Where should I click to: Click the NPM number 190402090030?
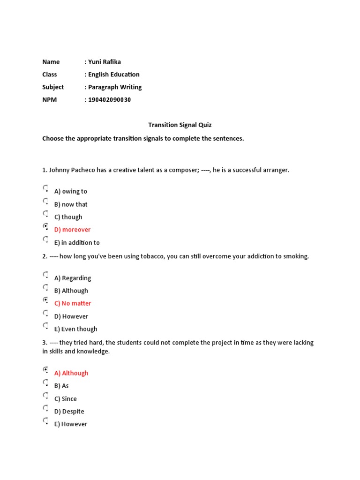tap(110, 100)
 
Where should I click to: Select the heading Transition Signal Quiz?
tap(180, 125)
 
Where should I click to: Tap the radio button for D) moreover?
tap(45, 226)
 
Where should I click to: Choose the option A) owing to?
tap(71, 191)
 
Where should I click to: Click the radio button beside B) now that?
tap(45, 201)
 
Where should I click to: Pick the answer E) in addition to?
tap(77, 243)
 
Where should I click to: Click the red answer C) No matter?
tap(73, 303)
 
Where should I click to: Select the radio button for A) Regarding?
tap(45, 275)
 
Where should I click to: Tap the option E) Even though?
tap(76, 329)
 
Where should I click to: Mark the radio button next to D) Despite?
tap(45, 408)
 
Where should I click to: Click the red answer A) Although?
tap(71, 373)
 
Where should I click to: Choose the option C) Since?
tap(66, 399)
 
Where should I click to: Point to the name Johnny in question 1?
tap(59, 170)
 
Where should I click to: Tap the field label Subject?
tap(53, 87)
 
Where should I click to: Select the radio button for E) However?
tap(45, 421)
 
